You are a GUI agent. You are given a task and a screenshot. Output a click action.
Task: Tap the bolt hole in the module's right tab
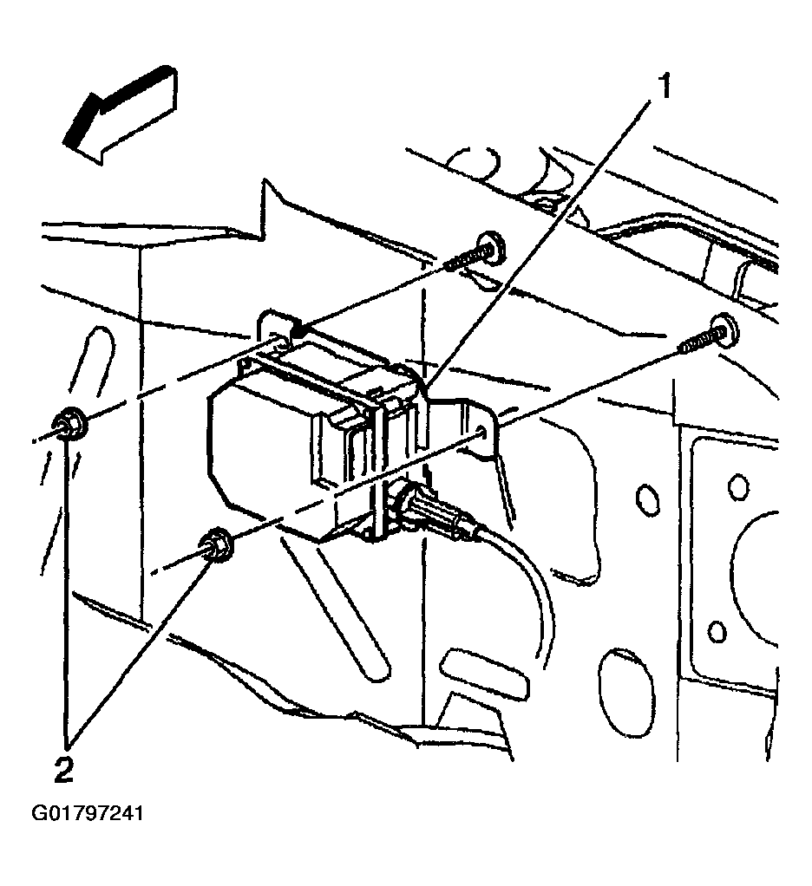(482, 431)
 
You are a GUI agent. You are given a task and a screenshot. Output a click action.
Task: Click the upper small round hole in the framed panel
(738, 486)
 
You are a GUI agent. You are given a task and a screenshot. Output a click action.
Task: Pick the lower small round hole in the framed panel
(716, 630)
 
